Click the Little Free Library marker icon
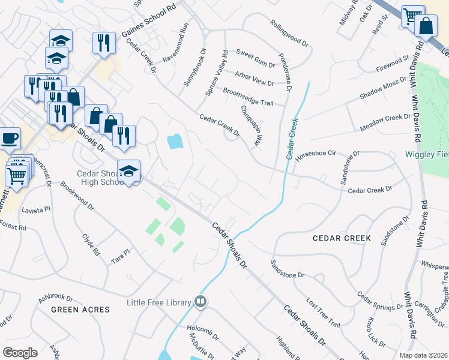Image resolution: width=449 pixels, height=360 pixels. point(201,302)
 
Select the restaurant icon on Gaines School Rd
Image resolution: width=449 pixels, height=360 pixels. point(104,43)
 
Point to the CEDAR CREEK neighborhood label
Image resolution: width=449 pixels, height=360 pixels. point(342,238)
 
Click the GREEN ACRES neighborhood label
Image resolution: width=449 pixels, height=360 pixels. point(80,310)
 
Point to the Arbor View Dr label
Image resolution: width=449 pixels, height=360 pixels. point(255,79)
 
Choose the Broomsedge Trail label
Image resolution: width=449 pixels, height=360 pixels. point(248,98)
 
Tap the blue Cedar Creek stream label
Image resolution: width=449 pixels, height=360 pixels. point(292,138)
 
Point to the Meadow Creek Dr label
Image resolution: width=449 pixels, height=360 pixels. point(385,123)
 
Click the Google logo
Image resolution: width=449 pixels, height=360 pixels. point(20,352)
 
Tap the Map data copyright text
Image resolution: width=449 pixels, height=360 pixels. point(422,355)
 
